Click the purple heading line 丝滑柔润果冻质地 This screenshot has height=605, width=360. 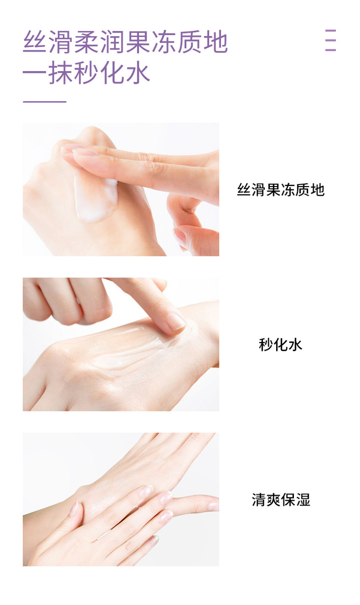(125, 42)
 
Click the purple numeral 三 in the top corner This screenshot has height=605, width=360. (330, 40)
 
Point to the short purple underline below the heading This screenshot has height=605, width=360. (44, 102)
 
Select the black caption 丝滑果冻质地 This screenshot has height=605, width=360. (281, 189)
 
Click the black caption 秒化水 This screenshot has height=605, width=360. (281, 344)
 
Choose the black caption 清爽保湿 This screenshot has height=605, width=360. (281, 499)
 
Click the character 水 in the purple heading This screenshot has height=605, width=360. (138, 73)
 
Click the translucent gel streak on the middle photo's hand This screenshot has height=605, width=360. (127, 348)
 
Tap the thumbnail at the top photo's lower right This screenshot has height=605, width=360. (180, 236)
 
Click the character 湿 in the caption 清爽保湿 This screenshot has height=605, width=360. (303, 499)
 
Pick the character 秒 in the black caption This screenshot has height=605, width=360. (266, 344)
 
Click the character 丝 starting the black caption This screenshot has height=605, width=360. (244, 189)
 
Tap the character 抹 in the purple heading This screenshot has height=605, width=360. (61, 73)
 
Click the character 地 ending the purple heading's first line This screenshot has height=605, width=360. (216, 42)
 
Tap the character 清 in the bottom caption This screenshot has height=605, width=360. (259, 499)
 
